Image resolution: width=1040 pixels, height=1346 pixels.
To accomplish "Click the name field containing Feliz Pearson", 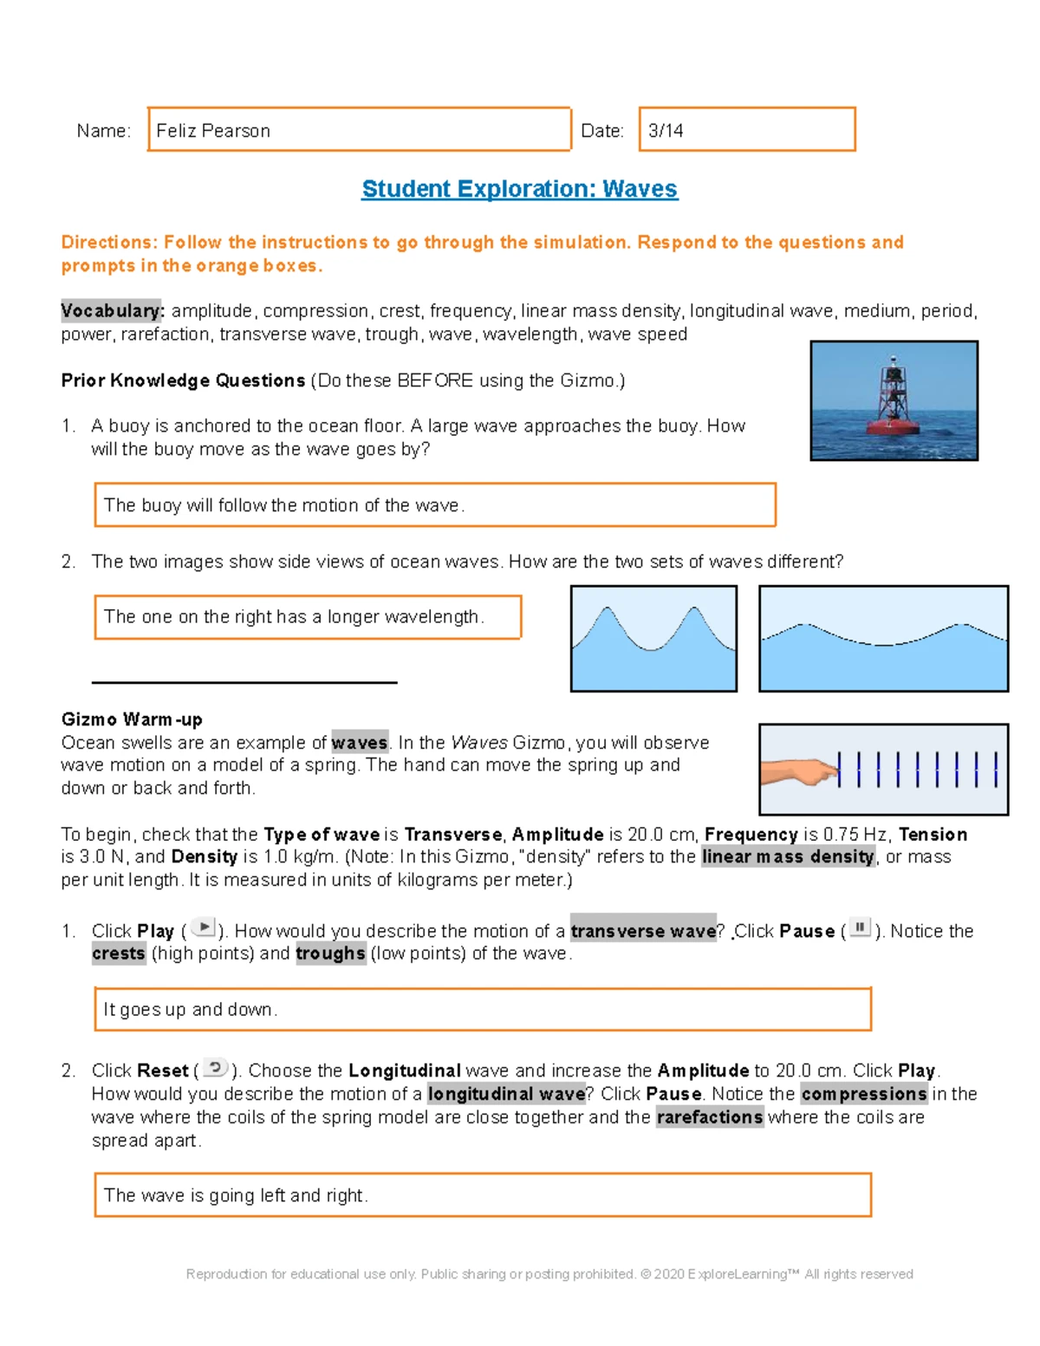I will (x=359, y=130).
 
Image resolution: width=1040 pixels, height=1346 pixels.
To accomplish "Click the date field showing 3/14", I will (x=746, y=130).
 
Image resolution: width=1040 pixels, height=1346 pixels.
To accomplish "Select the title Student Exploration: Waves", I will (x=519, y=189).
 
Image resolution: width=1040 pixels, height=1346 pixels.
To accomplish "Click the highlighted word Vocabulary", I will (x=112, y=310).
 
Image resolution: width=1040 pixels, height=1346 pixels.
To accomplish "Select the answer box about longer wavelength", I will (x=308, y=617).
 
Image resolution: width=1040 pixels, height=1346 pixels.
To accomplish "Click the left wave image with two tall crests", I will (x=653, y=639).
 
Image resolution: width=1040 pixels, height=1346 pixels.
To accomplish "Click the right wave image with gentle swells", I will (x=883, y=639).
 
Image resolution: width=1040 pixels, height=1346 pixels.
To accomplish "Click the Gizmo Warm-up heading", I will (x=132, y=719).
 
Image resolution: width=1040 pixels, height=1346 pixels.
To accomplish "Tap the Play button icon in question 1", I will (x=203, y=927).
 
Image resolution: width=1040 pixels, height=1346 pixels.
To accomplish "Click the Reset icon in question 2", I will (x=215, y=1068).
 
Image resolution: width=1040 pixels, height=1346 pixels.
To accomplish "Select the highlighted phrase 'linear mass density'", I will (x=788, y=857).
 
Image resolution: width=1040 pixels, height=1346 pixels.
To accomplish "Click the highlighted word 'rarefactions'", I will (x=710, y=1117).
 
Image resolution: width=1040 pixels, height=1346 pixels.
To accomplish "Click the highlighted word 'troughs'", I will (x=330, y=953).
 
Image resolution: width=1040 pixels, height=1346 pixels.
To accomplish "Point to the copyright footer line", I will (x=549, y=1274).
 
